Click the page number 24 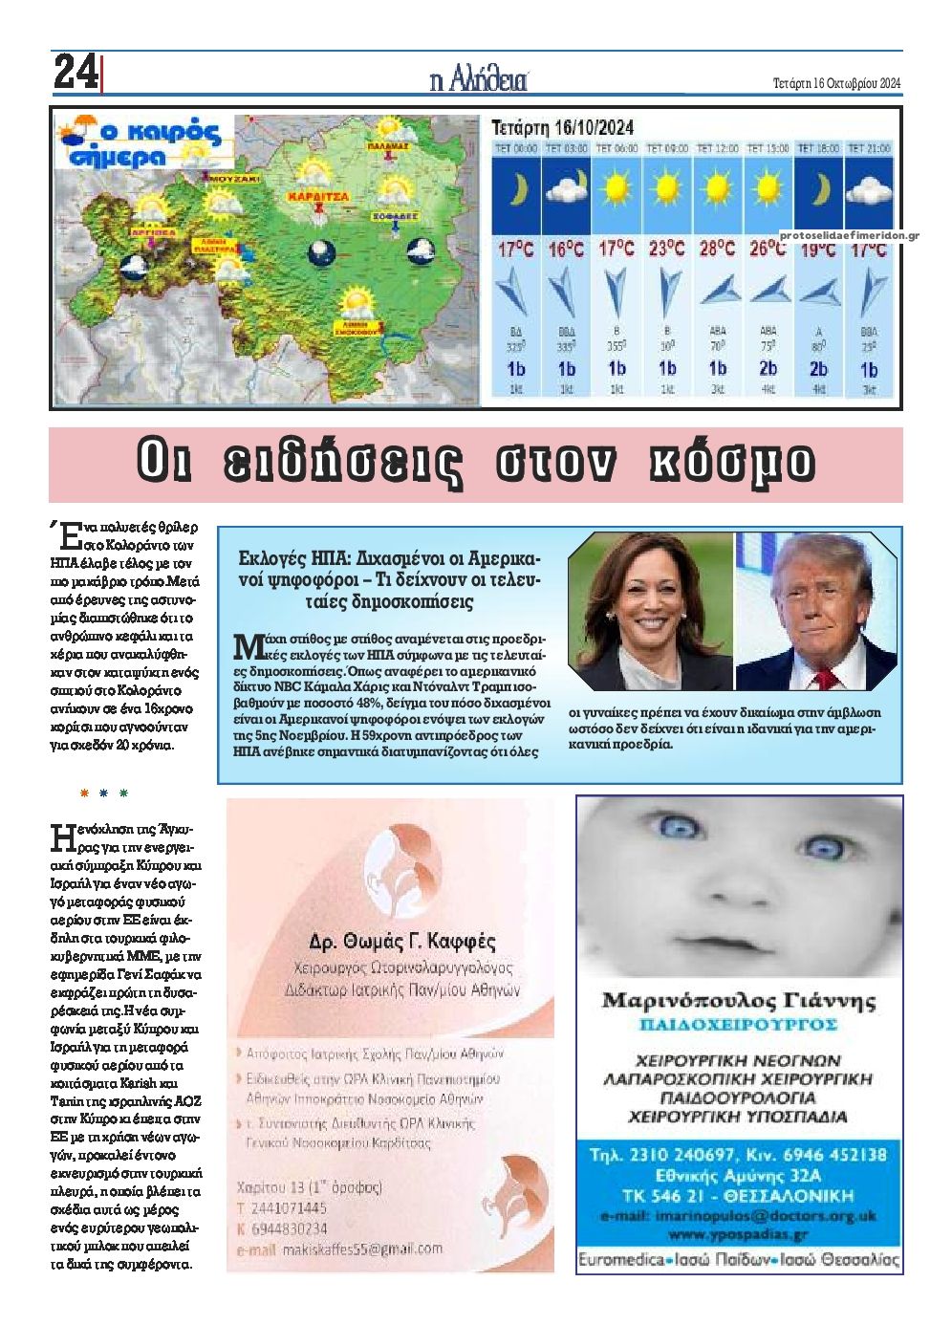pyautogui.click(x=76, y=73)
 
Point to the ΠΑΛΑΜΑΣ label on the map pyautogui.click(x=388, y=147)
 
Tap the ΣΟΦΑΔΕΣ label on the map pyautogui.click(x=396, y=217)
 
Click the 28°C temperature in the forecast pyautogui.click(x=716, y=250)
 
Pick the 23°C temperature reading pyautogui.click(x=666, y=250)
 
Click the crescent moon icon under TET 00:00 pyautogui.click(x=516, y=190)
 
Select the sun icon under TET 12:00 pyautogui.click(x=717, y=188)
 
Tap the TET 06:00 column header pyautogui.click(x=617, y=149)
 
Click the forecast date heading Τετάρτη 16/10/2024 pyautogui.click(x=562, y=127)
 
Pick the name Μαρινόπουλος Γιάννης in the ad pyautogui.click(x=739, y=1001)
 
